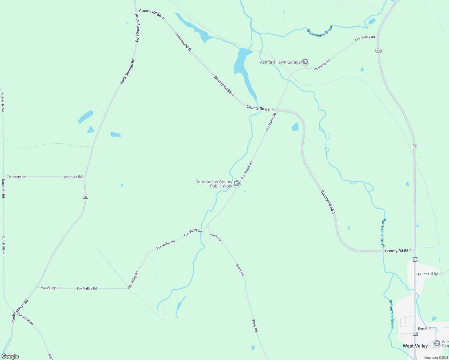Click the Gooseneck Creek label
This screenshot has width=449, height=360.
click(320, 31)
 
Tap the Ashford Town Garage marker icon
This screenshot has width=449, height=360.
click(305, 62)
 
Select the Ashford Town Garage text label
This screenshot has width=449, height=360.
click(280, 62)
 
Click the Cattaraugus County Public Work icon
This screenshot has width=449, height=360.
click(237, 184)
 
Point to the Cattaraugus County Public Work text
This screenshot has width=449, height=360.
click(214, 184)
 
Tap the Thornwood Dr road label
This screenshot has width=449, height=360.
click(183, 42)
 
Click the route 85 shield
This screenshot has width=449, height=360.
click(86, 197)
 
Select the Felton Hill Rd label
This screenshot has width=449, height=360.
click(428, 274)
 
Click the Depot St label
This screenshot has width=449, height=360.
click(424, 328)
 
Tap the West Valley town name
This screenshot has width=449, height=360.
click(415, 346)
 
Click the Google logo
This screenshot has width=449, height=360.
click(10, 356)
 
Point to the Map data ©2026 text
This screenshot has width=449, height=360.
click(435, 358)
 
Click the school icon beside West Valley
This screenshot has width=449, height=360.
click(437, 343)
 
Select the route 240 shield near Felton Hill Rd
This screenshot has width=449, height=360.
click(415, 259)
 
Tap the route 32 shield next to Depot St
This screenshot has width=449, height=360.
click(415, 334)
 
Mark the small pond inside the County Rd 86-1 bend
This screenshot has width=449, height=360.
click(295, 127)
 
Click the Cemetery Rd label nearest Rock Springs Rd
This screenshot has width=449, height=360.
click(72, 177)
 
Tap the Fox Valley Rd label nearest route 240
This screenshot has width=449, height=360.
click(365, 38)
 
